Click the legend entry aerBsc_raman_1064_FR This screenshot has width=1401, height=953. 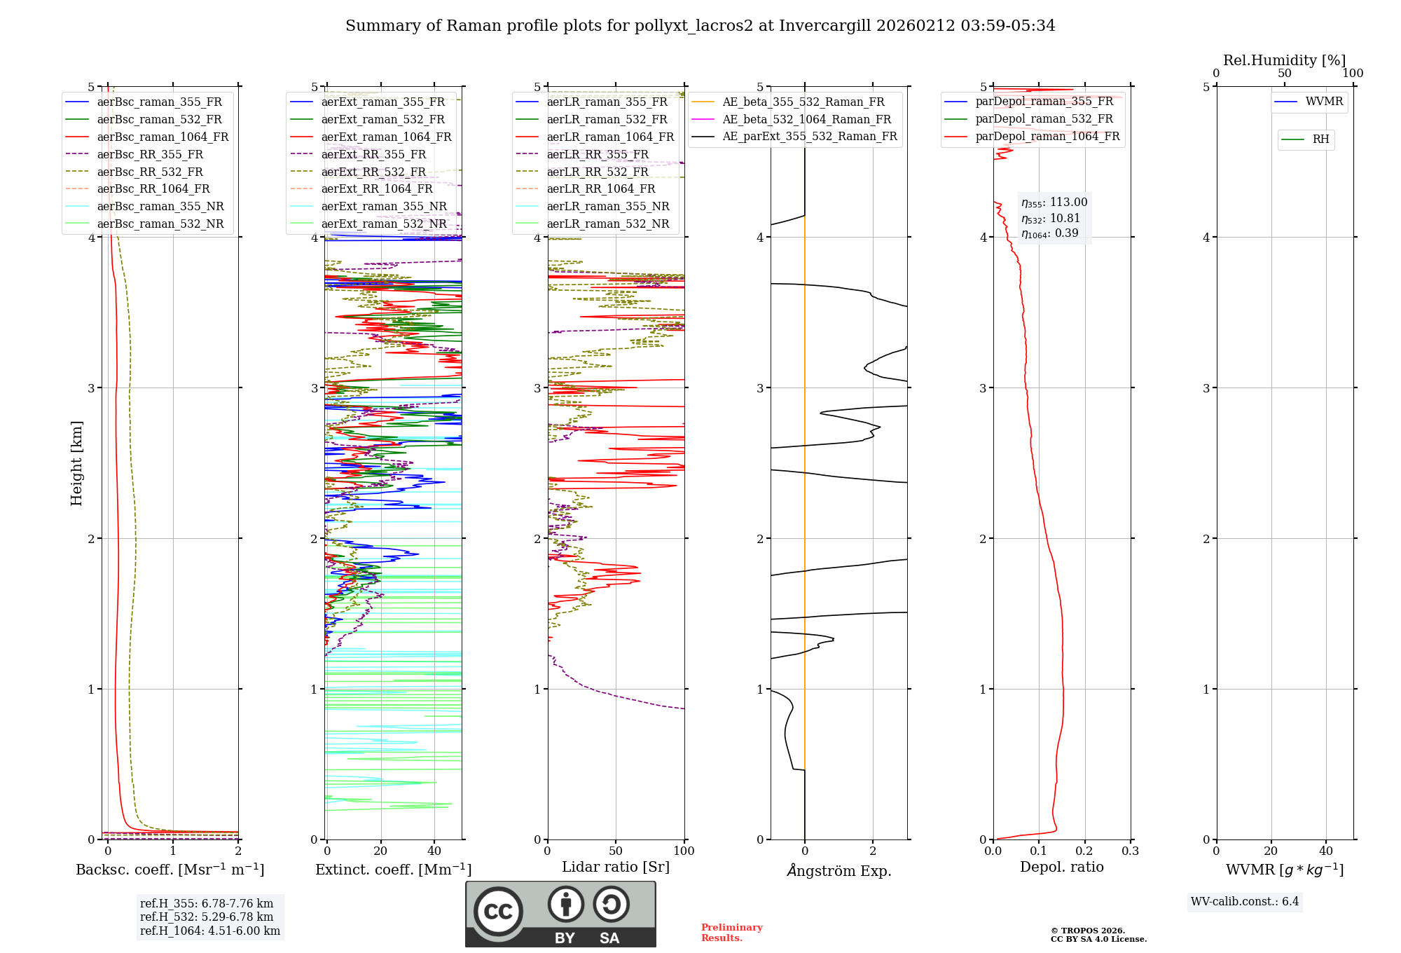click(163, 137)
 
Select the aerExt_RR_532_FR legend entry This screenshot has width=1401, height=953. click(373, 172)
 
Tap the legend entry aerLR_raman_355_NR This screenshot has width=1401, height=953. click(607, 206)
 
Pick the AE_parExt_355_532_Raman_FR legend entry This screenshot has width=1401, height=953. click(809, 136)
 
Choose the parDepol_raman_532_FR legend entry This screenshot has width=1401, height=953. click(1044, 118)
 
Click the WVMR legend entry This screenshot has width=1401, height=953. click(1324, 102)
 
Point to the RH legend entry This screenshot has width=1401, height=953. click(1320, 139)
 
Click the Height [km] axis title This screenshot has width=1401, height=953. click(76, 463)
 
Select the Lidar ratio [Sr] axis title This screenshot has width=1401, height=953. click(616, 867)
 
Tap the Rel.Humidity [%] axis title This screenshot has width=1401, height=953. click(1284, 60)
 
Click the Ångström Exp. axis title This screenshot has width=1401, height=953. click(838, 870)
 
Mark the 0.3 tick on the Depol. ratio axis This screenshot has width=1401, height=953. click(1130, 851)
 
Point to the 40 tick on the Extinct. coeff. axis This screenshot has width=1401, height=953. click(434, 851)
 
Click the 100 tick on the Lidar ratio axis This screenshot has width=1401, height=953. click(684, 851)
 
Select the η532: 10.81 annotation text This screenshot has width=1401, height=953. click(1051, 219)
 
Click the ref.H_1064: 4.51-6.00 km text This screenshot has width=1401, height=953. click(210, 931)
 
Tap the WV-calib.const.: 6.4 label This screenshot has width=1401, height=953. click(1245, 901)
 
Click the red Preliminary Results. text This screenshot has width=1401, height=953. click(731, 932)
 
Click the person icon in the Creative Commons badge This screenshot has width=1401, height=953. click(565, 905)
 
